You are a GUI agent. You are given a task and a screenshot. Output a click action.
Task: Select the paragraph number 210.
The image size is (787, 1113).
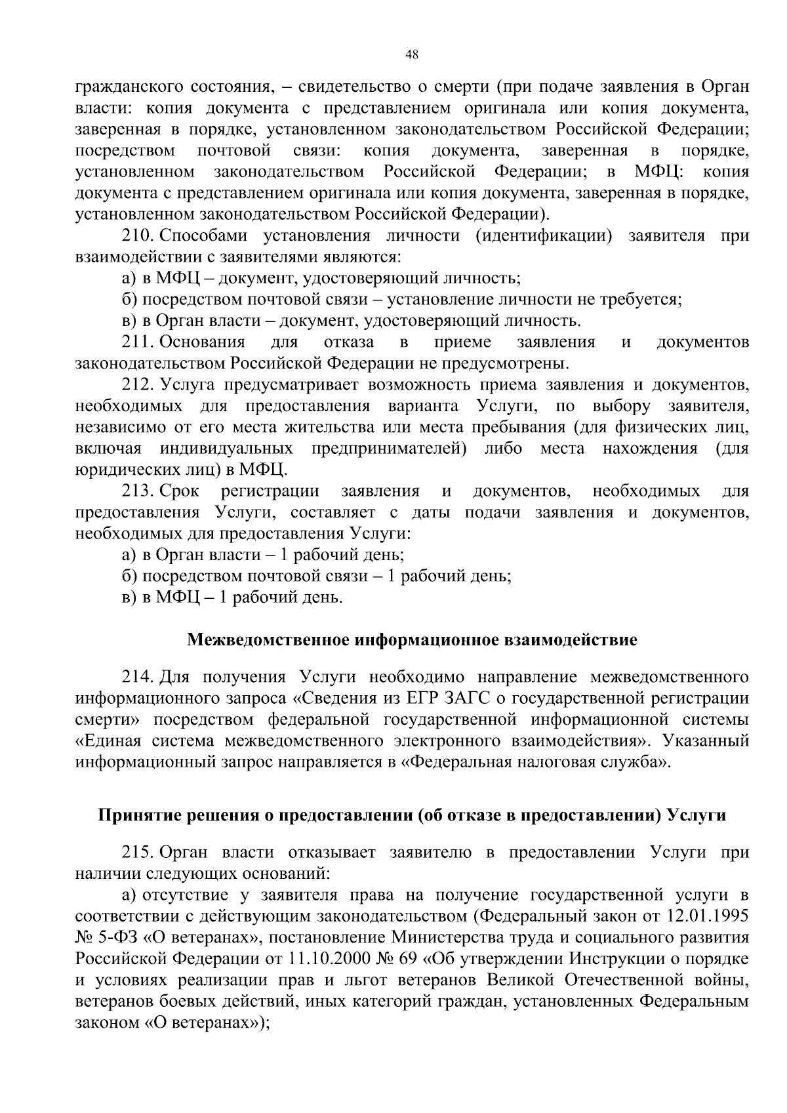click(x=138, y=235)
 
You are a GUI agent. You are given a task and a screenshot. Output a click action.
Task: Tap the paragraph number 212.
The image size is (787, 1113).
click(x=138, y=385)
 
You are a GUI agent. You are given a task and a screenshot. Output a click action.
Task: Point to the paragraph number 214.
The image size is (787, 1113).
click(x=138, y=677)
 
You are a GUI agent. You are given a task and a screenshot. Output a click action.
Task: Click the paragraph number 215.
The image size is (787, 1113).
click(x=138, y=853)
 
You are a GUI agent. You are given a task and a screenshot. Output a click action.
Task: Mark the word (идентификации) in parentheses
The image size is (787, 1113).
click(x=544, y=235)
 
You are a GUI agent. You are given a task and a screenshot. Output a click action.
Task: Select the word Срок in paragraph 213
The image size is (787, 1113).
click(x=180, y=491)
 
